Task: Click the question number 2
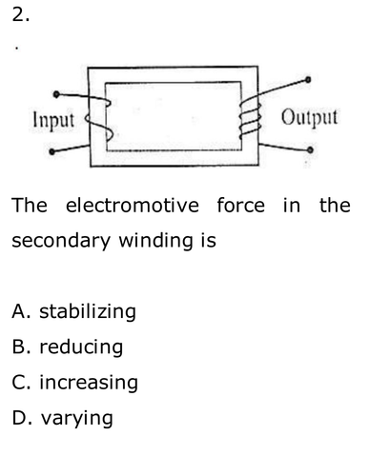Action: [x=21, y=14]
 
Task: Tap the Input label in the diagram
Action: [x=53, y=120]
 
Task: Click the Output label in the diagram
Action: [x=309, y=117]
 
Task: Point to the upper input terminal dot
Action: [x=56, y=94]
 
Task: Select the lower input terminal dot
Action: [x=52, y=151]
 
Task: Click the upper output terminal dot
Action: [x=308, y=79]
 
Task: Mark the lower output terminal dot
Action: [x=310, y=149]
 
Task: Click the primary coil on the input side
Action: [x=99, y=120]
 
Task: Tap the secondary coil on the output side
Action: [x=250, y=117]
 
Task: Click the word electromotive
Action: [x=133, y=205]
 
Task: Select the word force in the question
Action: [x=240, y=205]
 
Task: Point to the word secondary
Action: [x=61, y=241]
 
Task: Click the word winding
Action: [x=155, y=241]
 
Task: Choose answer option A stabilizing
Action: [x=73, y=311]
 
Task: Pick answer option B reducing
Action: [x=68, y=347]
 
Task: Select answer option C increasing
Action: [x=75, y=383]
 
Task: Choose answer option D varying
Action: [x=62, y=418]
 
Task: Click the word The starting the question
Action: [x=30, y=205]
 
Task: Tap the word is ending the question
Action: [x=209, y=241]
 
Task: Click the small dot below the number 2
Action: [x=16, y=49]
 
